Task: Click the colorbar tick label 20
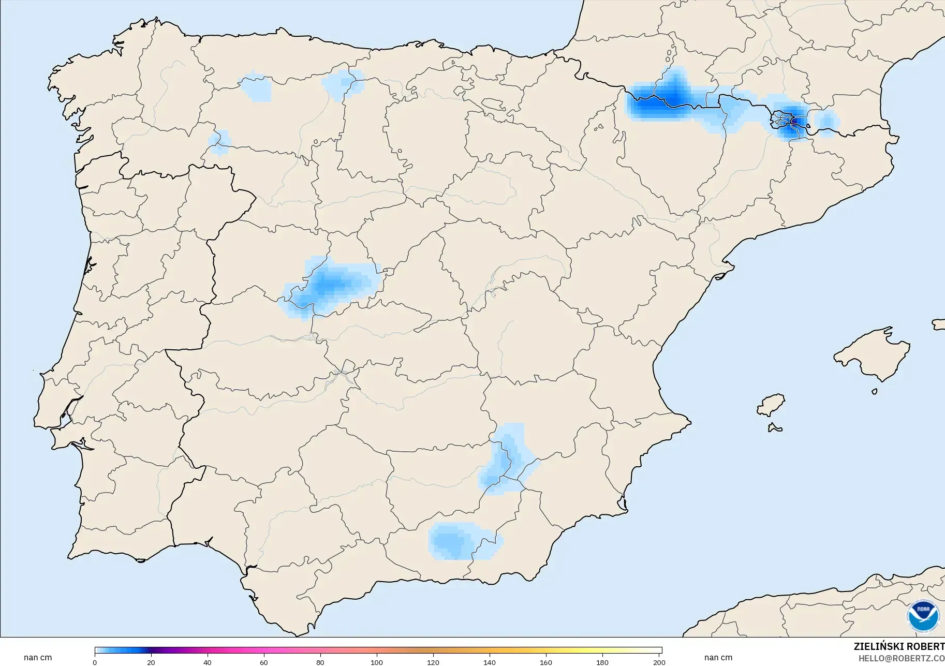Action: pyautogui.click(x=151, y=662)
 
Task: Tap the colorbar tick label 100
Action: pyautogui.click(x=377, y=662)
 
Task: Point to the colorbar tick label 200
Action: pyautogui.click(x=659, y=662)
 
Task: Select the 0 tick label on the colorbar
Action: pyautogui.click(x=95, y=662)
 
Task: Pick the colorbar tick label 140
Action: pyautogui.click(x=490, y=662)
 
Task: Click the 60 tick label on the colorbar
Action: pyautogui.click(x=264, y=662)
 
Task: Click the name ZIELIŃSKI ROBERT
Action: pyautogui.click(x=899, y=647)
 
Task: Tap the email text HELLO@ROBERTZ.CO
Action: pyautogui.click(x=901, y=658)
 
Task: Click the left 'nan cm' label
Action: pyautogui.click(x=38, y=658)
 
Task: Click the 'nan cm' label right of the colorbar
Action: pyautogui.click(x=718, y=658)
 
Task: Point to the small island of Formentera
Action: pyautogui.click(x=775, y=427)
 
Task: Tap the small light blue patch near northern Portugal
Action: pyautogui.click(x=219, y=142)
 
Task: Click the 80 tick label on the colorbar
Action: pyautogui.click(x=320, y=662)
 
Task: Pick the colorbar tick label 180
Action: pyautogui.click(x=602, y=662)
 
